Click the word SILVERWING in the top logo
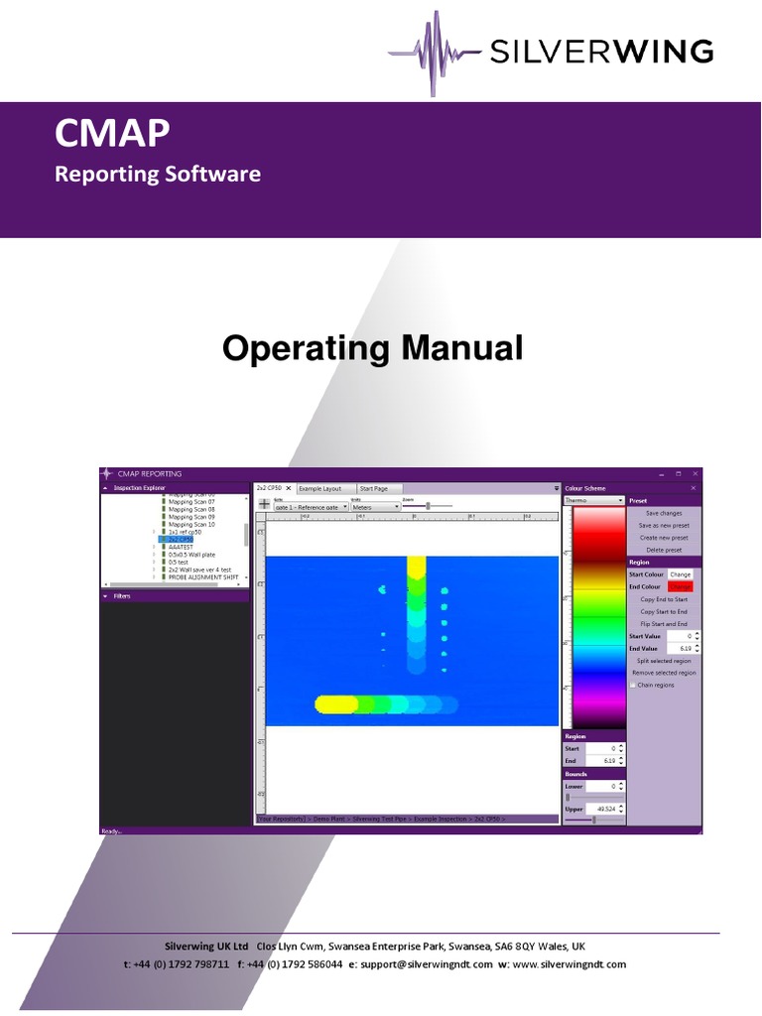(x=599, y=51)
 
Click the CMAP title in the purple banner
(x=112, y=133)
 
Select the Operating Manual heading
(x=372, y=348)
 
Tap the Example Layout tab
(x=319, y=488)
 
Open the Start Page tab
(x=374, y=488)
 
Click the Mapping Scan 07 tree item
(x=191, y=501)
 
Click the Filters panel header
(x=122, y=596)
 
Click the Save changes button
(x=664, y=513)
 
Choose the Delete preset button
(x=664, y=550)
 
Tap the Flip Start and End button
(x=664, y=624)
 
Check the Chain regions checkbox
(x=634, y=685)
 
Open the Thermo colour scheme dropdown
(x=593, y=501)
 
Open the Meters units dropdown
(x=375, y=507)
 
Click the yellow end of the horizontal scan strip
(x=329, y=704)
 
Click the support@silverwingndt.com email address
(x=427, y=964)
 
